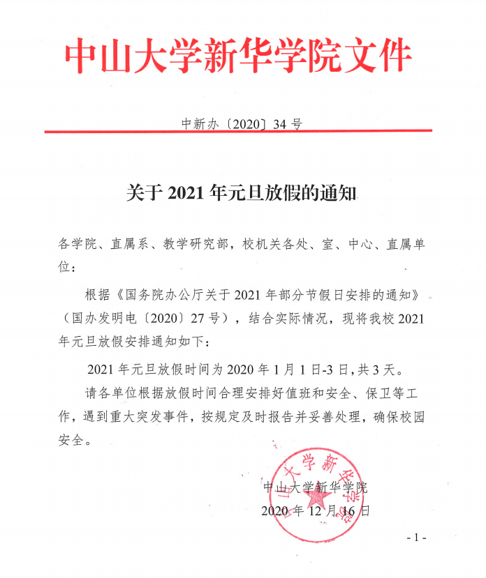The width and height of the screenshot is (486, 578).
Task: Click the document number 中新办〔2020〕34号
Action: (x=242, y=124)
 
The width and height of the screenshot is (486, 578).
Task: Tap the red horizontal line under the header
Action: (x=238, y=132)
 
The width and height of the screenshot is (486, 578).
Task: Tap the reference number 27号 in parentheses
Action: (x=209, y=319)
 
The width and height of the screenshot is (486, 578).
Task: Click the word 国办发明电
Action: (x=105, y=319)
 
